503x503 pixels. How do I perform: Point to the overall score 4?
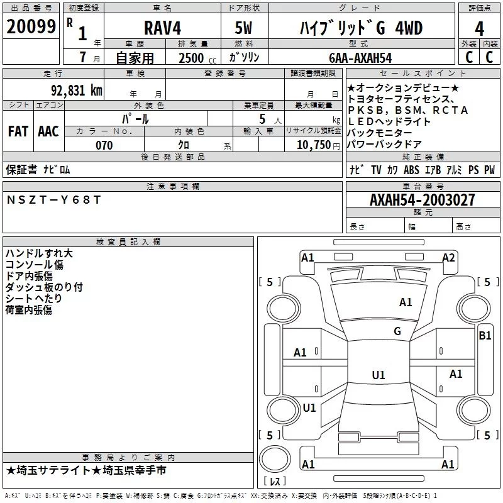click(479, 28)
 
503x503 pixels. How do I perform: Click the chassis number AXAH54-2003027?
click(422, 200)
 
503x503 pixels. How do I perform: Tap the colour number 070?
click(104, 145)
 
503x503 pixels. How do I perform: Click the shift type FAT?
click(18, 131)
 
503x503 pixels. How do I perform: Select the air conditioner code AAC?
click(48, 131)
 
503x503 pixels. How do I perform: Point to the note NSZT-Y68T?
click(53, 200)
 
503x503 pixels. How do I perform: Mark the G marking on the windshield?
click(397, 331)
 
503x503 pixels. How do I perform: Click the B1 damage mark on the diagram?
click(485, 336)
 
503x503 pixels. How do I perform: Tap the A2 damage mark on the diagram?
click(448, 258)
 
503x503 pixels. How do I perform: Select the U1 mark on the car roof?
click(378, 375)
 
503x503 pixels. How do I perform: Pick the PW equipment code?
click(489, 170)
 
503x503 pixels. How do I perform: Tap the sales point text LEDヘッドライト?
click(389, 121)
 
